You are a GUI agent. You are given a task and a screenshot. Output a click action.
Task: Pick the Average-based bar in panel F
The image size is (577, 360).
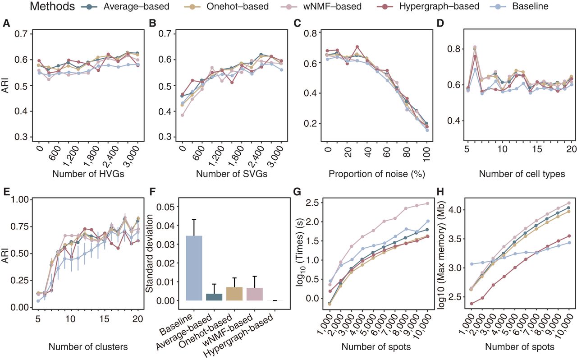[x=213, y=297]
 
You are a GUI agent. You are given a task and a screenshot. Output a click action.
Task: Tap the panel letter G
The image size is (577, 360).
[x=297, y=193]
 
